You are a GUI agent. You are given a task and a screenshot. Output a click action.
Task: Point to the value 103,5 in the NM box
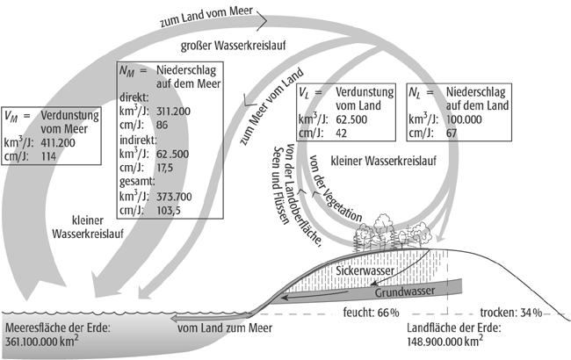pyautogui.click(x=170, y=212)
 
